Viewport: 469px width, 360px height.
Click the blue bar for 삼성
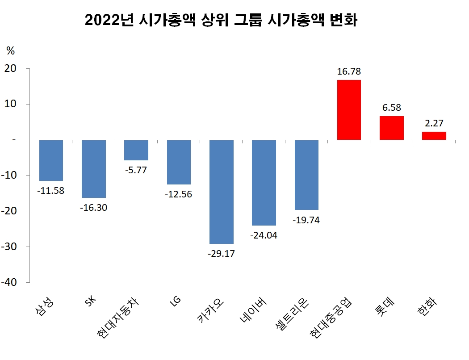[51, 160]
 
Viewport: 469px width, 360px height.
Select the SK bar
[94, 168]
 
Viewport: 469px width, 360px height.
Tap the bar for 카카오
[222, 192]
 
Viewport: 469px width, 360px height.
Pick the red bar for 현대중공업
[349, 110]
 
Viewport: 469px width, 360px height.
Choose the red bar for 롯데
[392, 128]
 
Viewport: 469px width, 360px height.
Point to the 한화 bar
[434, 135]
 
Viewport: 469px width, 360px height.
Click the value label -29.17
[222, 253]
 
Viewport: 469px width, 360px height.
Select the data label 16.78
[349, 71]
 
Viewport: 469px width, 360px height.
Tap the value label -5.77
[136, 170]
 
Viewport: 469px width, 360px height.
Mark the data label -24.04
[264, 235]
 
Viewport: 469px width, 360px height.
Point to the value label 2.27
[434, 123]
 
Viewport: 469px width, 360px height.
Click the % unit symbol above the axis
[10, 51]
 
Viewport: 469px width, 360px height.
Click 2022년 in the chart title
[109, 21]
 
